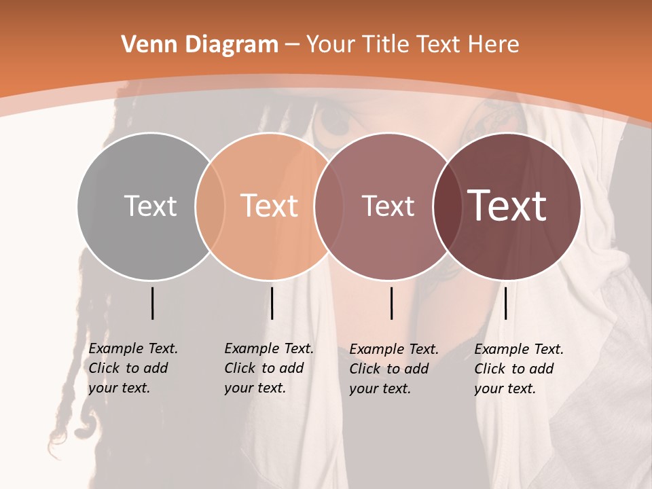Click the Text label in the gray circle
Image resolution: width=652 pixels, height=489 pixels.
[x=150, y=206]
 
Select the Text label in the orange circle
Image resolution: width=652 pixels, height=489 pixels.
[x=270, y=206]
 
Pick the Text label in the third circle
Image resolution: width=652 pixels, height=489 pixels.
[x=388, y=206]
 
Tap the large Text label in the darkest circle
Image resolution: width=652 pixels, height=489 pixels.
[x=507, y=206]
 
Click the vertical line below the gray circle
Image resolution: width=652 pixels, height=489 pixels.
[x=152, y=303]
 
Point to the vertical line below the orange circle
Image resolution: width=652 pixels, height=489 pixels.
[x=272, y=303]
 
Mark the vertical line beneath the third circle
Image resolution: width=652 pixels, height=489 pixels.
[x=391, y=303]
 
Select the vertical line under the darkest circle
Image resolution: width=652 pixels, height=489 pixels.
[x=505, y=303]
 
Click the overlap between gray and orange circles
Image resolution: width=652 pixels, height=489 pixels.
[x=211, y=206]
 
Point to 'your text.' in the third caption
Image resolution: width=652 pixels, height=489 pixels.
[x=380, y=388]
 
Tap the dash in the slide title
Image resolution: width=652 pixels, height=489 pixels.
[x=292, y=46]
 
